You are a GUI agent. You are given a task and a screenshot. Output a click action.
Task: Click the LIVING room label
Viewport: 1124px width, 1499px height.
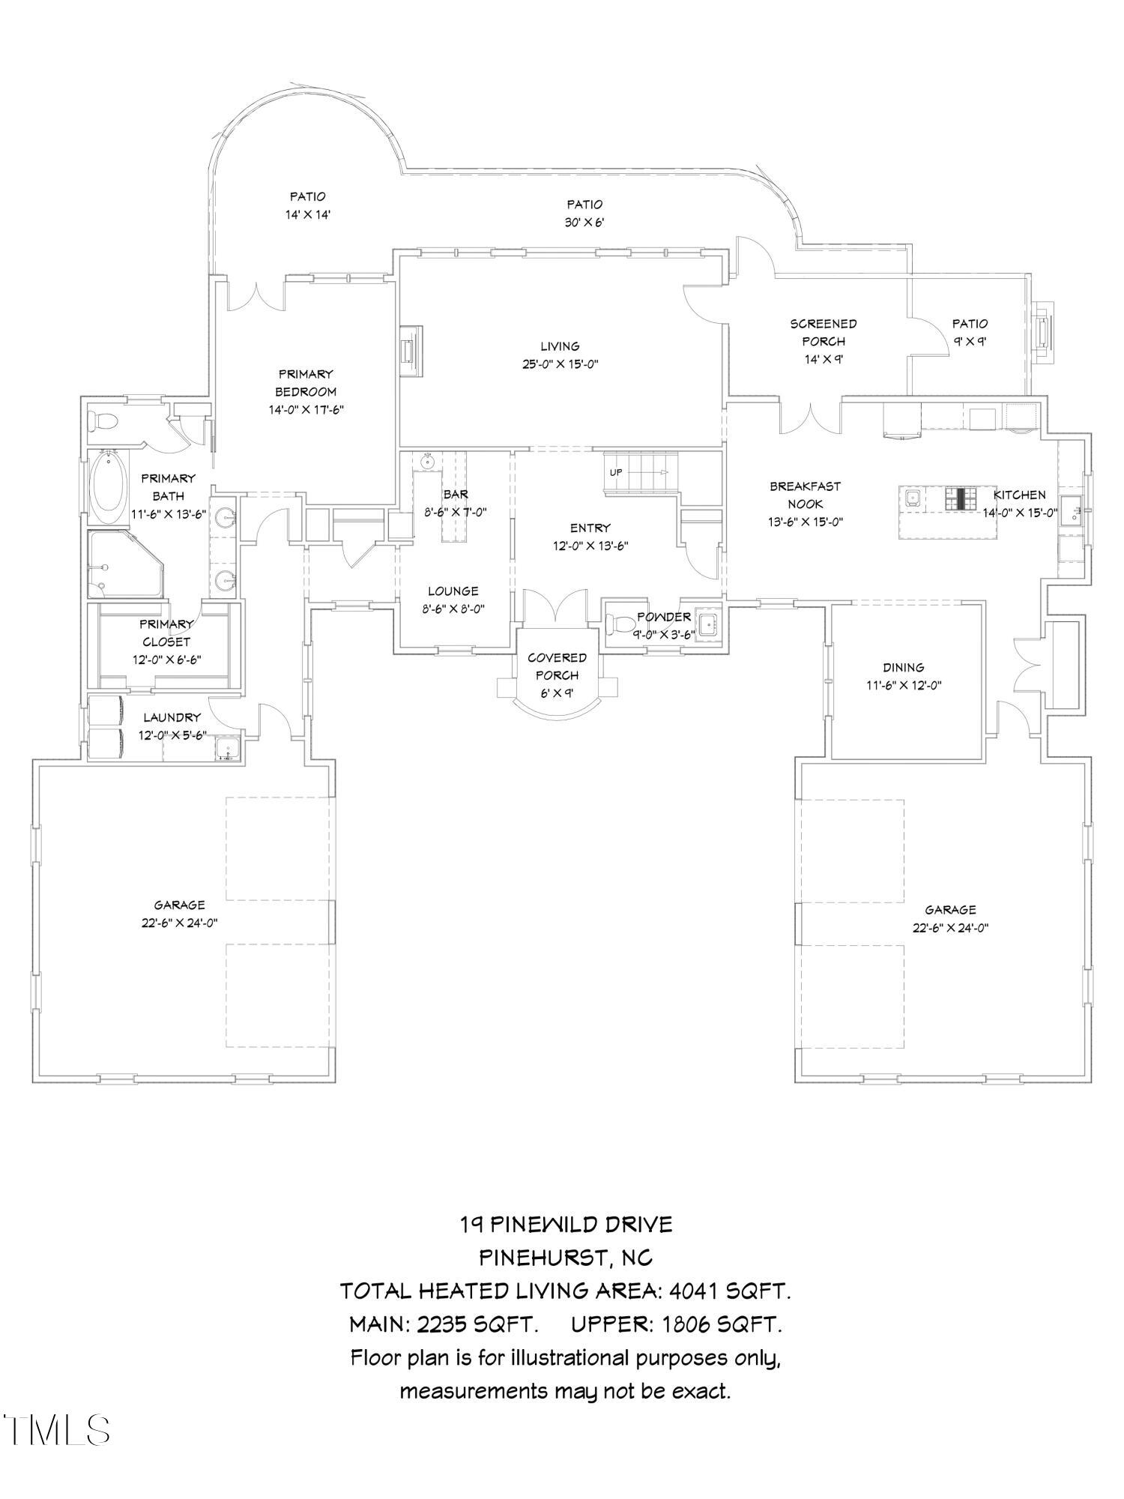point(560,346)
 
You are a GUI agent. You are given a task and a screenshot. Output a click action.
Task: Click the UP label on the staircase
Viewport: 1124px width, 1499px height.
point(616,472)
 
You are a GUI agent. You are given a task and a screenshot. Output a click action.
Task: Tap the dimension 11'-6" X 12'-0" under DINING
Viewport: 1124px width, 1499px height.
point(903,685)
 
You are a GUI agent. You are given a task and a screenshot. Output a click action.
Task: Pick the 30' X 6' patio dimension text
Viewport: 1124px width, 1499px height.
point(584,223)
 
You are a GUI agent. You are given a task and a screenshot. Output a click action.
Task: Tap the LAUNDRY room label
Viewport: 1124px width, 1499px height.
point(172,717)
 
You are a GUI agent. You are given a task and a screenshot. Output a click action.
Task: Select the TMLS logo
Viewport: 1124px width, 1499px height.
point(56,1430)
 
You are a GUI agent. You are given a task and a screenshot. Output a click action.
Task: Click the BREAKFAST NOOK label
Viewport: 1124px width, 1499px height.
point(805,495)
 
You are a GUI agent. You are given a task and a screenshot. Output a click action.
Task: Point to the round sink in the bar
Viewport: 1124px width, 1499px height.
point(429,462)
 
